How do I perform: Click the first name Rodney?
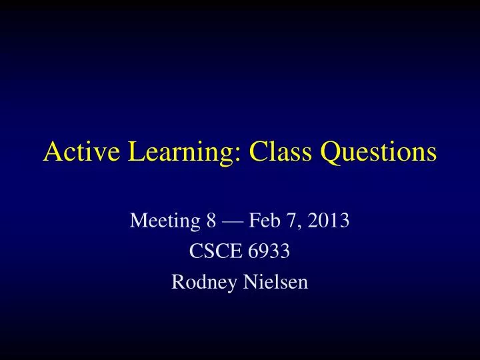[200, 282]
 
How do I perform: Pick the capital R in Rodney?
[177, 282]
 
